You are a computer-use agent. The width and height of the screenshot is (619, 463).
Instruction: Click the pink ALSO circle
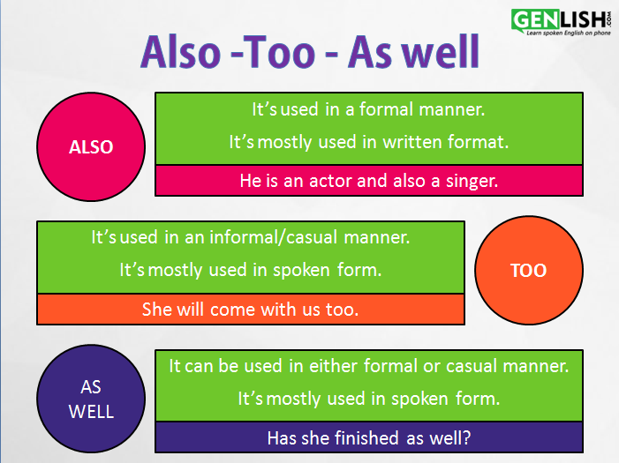tap(91, 146)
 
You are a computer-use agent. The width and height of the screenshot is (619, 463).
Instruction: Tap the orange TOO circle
tap(529, 270)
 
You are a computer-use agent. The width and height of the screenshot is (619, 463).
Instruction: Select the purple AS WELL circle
tap(91, 399)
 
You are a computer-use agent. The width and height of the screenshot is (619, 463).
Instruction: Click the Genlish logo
tap(561, 22)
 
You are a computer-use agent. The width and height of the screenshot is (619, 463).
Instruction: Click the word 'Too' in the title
tap(279, 52)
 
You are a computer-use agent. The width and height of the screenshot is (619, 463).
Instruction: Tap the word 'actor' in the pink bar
tap(330, 181)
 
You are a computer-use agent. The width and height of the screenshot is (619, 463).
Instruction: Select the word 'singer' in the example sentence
tap(472, 182)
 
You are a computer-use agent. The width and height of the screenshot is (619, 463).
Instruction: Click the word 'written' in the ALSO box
tap(412, 142)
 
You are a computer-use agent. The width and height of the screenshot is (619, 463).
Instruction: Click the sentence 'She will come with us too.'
tap(250, 310)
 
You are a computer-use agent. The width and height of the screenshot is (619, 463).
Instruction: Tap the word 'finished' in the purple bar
tap(366, 438)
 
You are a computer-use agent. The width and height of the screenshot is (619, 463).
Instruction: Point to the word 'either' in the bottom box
tap(333, 366)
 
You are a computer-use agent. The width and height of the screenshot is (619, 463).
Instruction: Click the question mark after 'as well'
tap(466, 438)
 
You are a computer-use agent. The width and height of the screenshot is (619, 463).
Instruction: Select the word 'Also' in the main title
tap(181, 52)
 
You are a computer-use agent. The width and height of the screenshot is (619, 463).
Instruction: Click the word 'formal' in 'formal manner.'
tap(386, 109)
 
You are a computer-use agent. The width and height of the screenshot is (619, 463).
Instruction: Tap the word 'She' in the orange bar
tap(157, 310)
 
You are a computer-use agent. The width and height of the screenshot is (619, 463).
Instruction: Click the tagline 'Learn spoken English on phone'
tap(569, 34)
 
